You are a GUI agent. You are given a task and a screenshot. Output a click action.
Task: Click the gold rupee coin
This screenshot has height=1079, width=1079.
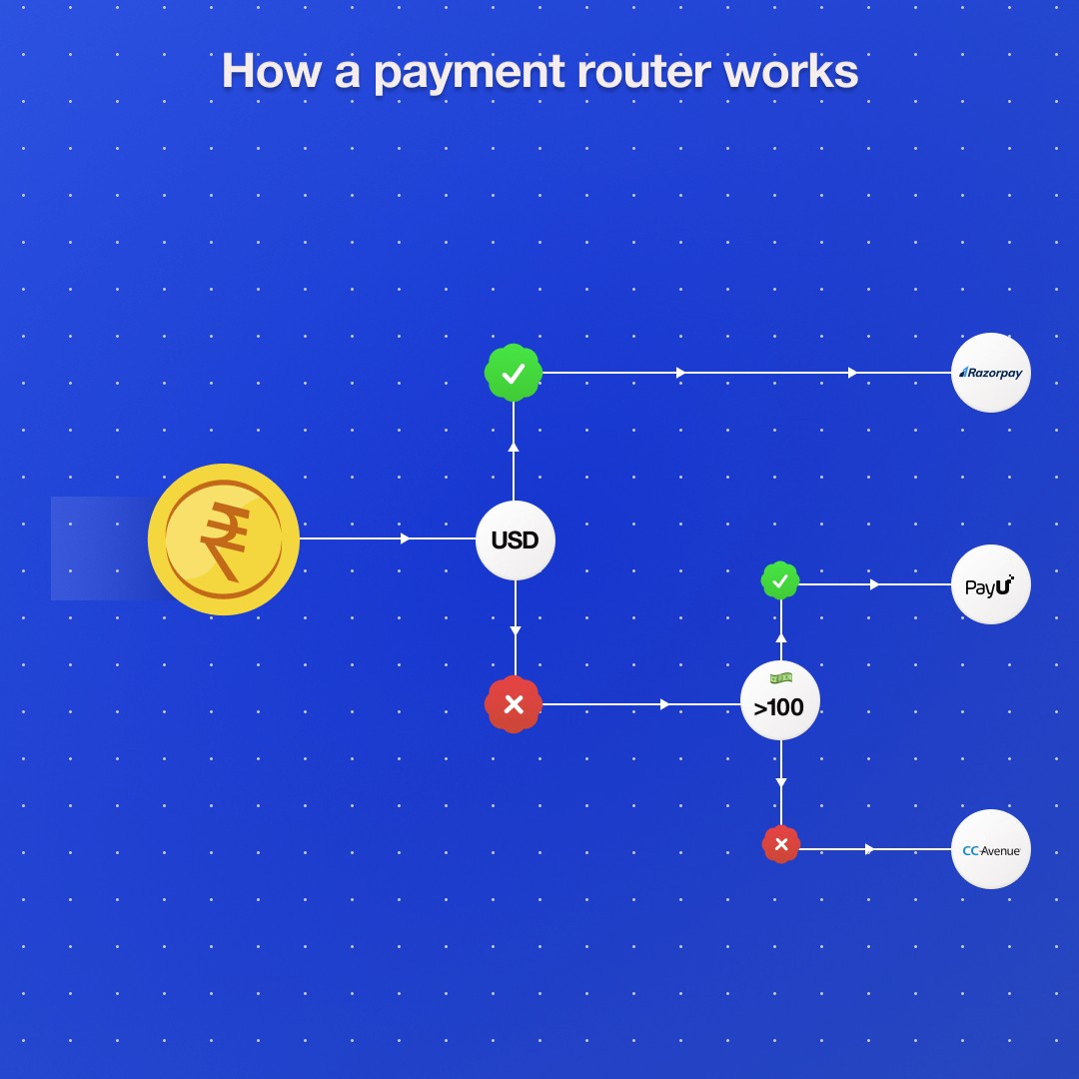click(224, 539)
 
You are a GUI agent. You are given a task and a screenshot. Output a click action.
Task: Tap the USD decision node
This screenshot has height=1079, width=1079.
click(515, 540)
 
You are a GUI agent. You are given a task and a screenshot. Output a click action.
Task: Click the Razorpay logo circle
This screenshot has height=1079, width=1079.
click(990, 373)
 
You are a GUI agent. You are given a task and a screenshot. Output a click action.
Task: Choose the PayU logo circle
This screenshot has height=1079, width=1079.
click(990, 585)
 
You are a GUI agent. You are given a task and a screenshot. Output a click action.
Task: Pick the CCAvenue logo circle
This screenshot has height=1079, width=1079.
click(990, 849)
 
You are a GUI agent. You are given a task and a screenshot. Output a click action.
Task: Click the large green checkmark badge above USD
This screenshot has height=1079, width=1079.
click(514, 373)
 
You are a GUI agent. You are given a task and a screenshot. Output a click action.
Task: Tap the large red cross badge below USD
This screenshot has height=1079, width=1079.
click(514, 704)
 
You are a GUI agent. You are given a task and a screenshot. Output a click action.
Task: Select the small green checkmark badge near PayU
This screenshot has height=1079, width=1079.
click(780, 580)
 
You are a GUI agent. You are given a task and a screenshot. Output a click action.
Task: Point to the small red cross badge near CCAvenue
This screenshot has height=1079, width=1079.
click(781, 845)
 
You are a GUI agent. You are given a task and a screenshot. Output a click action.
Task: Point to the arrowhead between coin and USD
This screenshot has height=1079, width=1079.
click(405, 539)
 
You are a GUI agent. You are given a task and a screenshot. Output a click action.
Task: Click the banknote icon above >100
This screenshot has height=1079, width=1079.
click(780, 678)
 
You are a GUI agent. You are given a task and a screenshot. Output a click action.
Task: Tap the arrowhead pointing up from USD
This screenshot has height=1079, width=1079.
click(515, 447)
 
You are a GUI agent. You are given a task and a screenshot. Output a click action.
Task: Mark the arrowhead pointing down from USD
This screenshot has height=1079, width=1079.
click(515, 630)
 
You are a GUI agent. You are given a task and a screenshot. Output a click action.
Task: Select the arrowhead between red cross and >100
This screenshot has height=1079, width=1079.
click(665, 704)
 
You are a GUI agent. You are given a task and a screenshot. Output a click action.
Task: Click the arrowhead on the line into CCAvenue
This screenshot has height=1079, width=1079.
click(869, 849)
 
